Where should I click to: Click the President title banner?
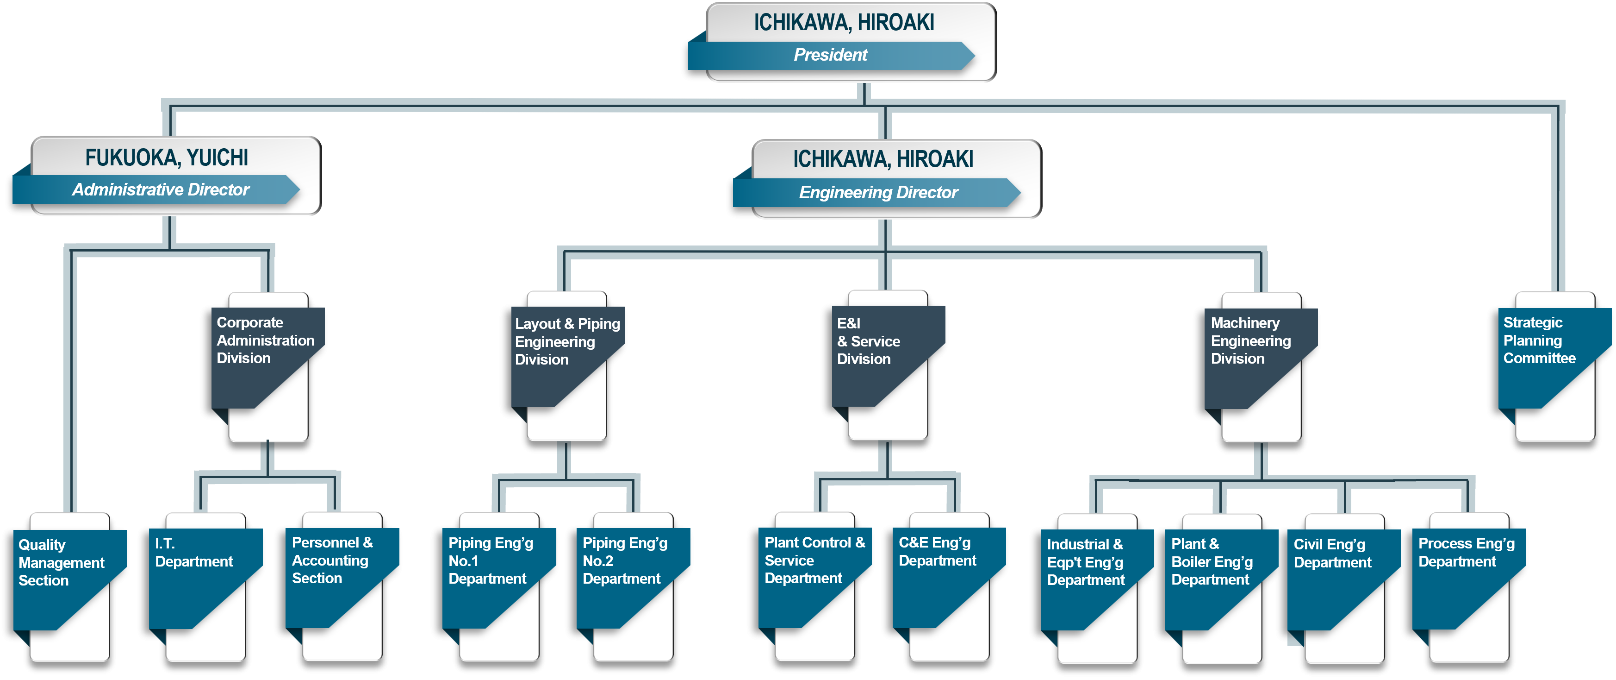tap(831, 55)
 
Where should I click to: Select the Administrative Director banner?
tap(161, 189)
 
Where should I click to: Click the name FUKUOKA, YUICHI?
tap(167, 157)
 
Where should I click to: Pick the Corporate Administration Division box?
tap(263, 352)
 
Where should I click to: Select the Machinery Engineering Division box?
tap(1255, 352)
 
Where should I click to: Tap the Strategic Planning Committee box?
tap(1547, 352)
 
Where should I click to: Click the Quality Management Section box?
tap(63, 571)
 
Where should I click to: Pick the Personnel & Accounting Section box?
tap(336, 571)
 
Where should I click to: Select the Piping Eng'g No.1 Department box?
tap(492, 571)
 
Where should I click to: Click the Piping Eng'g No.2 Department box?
tap(628, 571)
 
